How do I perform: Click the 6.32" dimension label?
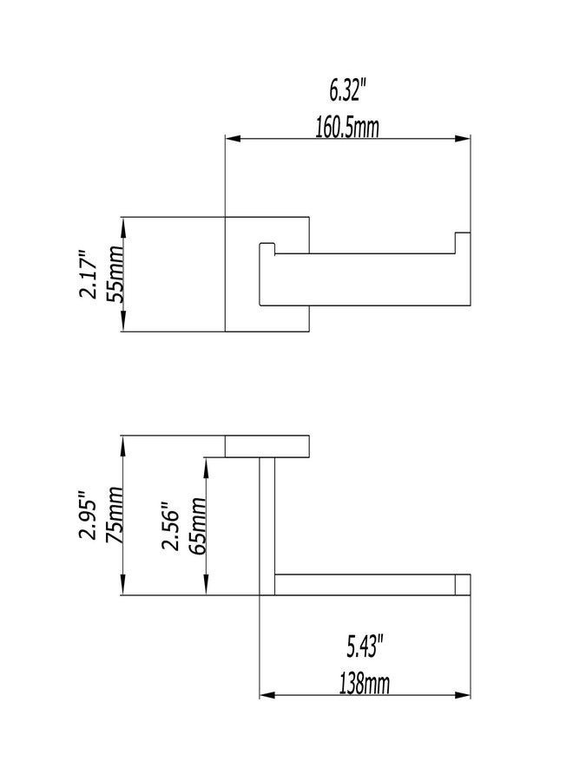tap(348, 90)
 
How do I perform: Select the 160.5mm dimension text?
tap(347, 127)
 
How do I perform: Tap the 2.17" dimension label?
tap(88, 274)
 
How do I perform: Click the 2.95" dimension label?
tap(88, 516)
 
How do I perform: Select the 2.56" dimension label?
tap(170, 526)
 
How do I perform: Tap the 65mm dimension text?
tap(197, 526)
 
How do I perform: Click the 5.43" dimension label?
tap(365, 646)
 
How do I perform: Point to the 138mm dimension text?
tap(365, 684)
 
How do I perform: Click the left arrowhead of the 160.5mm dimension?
tap(234, 139)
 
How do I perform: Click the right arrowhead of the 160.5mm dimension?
tap(463, 139)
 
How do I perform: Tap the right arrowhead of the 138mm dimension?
tap(463, 695)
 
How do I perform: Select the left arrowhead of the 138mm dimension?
tap(267, 695)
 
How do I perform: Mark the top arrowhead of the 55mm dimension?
tap(123, 225)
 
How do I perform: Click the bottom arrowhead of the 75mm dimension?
tap(123, 587)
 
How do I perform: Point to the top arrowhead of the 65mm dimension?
tap(206, 465)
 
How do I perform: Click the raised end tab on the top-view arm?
tap(463, 243)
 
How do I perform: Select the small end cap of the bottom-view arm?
tap(463, 585)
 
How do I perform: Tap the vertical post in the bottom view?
tap(267, 526)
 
